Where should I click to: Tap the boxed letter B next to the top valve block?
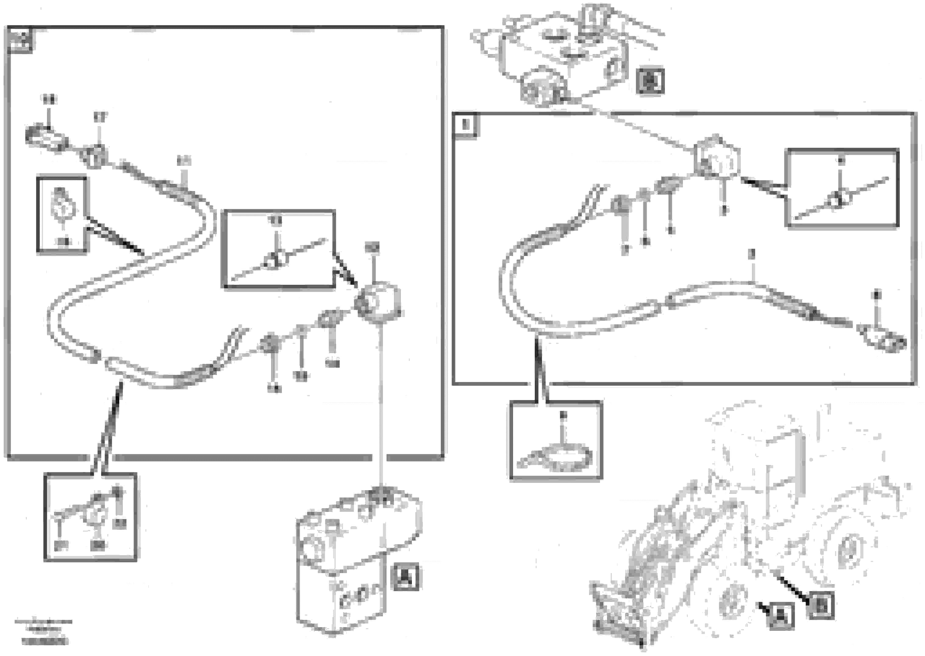coord(649,80)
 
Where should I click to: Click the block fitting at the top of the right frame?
coord(716,158)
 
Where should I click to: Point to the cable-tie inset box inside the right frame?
coord(842,188)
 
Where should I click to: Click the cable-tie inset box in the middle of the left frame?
coord(279,249)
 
